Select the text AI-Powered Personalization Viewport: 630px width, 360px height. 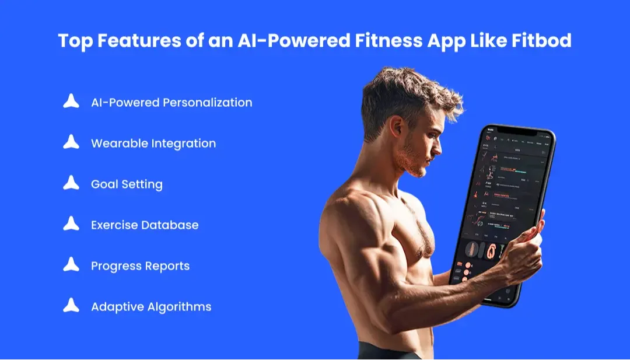tap(171, 103)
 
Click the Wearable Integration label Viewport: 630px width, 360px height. tap(153, 144)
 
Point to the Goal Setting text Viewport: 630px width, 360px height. tap(127, 184)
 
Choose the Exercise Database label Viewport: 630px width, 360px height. tap(145, 225)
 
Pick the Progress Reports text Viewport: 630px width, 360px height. tap(140, 266)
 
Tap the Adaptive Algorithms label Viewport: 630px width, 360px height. tap(151, 307)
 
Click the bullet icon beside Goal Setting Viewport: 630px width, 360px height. tap(71, 183)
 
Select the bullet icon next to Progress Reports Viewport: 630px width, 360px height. tap(71, 265)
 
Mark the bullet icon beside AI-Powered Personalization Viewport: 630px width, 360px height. tap(71, 102)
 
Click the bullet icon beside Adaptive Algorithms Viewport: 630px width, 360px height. tap(71, 306)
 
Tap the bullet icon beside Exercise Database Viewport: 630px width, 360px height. tap(71, 224)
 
